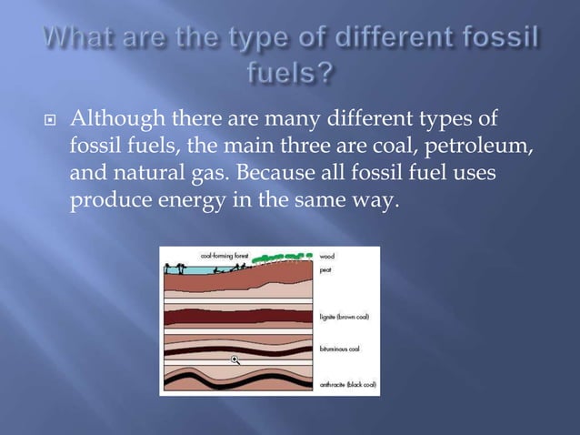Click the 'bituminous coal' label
341,348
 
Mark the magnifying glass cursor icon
235,360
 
